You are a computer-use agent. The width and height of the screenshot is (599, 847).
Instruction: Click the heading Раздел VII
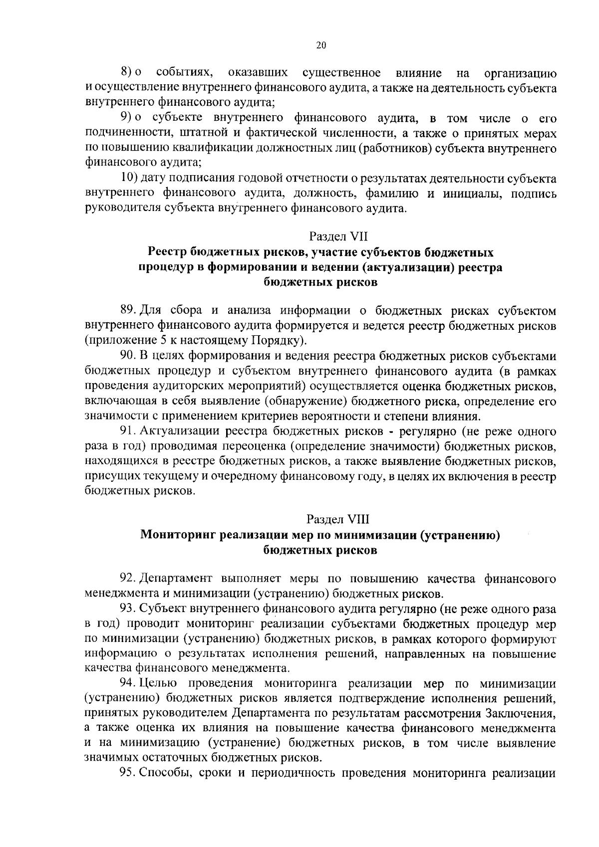click(x=338, y=235)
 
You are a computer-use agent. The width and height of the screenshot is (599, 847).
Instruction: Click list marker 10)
click(x=131, y=178)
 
